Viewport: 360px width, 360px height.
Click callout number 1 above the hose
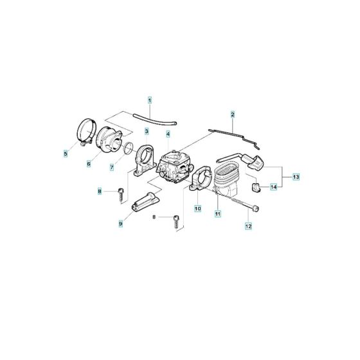pyautogui.click(x=150, y=100)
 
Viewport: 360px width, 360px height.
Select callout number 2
pyautogui.click(x=233, y=114)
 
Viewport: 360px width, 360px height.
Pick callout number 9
pyautogui.click(x=120, y=223)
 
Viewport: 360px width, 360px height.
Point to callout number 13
pyautogui.click(x=296, y=176)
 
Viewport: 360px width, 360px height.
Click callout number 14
pyautogui.click(x=273, y=187)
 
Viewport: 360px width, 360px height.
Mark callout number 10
pyautogui.click(x=198, y=209)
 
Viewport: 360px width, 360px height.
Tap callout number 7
pyautogui.click(x=111, y=167)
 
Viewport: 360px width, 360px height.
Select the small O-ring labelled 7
pyautogui.click(x=130, y=150)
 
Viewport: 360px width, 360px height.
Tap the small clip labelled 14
pyautogui.click(x=255, y=186)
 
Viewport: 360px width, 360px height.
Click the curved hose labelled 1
pyautogui.click(x=154, y=118)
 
